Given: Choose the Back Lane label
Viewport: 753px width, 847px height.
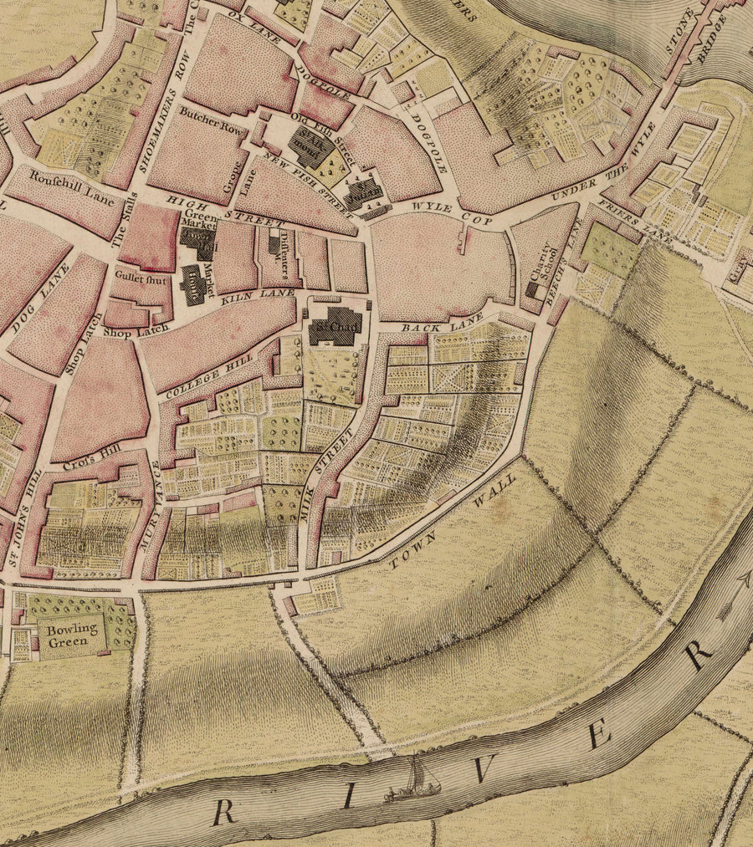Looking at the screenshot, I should (432, 326).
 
